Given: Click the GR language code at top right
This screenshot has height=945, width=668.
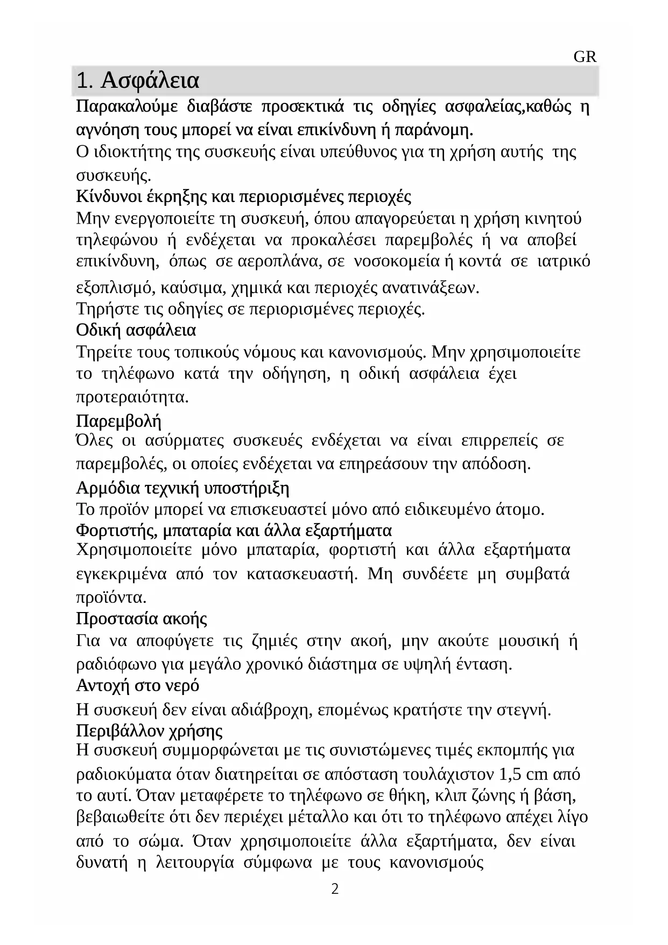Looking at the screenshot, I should click(x=585, y=57).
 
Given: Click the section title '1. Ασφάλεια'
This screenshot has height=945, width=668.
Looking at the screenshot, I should click(x=138, y=81).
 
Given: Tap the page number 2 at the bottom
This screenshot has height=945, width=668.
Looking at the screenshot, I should click(x=335, y=890).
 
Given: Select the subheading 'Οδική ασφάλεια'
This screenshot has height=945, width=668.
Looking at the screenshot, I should click(x=136, y=329).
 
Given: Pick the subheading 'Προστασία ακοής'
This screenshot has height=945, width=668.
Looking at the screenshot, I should click(x=142, y=618).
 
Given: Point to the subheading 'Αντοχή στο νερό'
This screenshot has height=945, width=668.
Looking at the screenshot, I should click(x=138, y=686).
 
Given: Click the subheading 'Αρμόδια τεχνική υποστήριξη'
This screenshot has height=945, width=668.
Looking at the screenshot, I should click(x=183, y=488).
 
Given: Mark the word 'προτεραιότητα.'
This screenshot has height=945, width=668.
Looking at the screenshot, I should click(x=132, y=398).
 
